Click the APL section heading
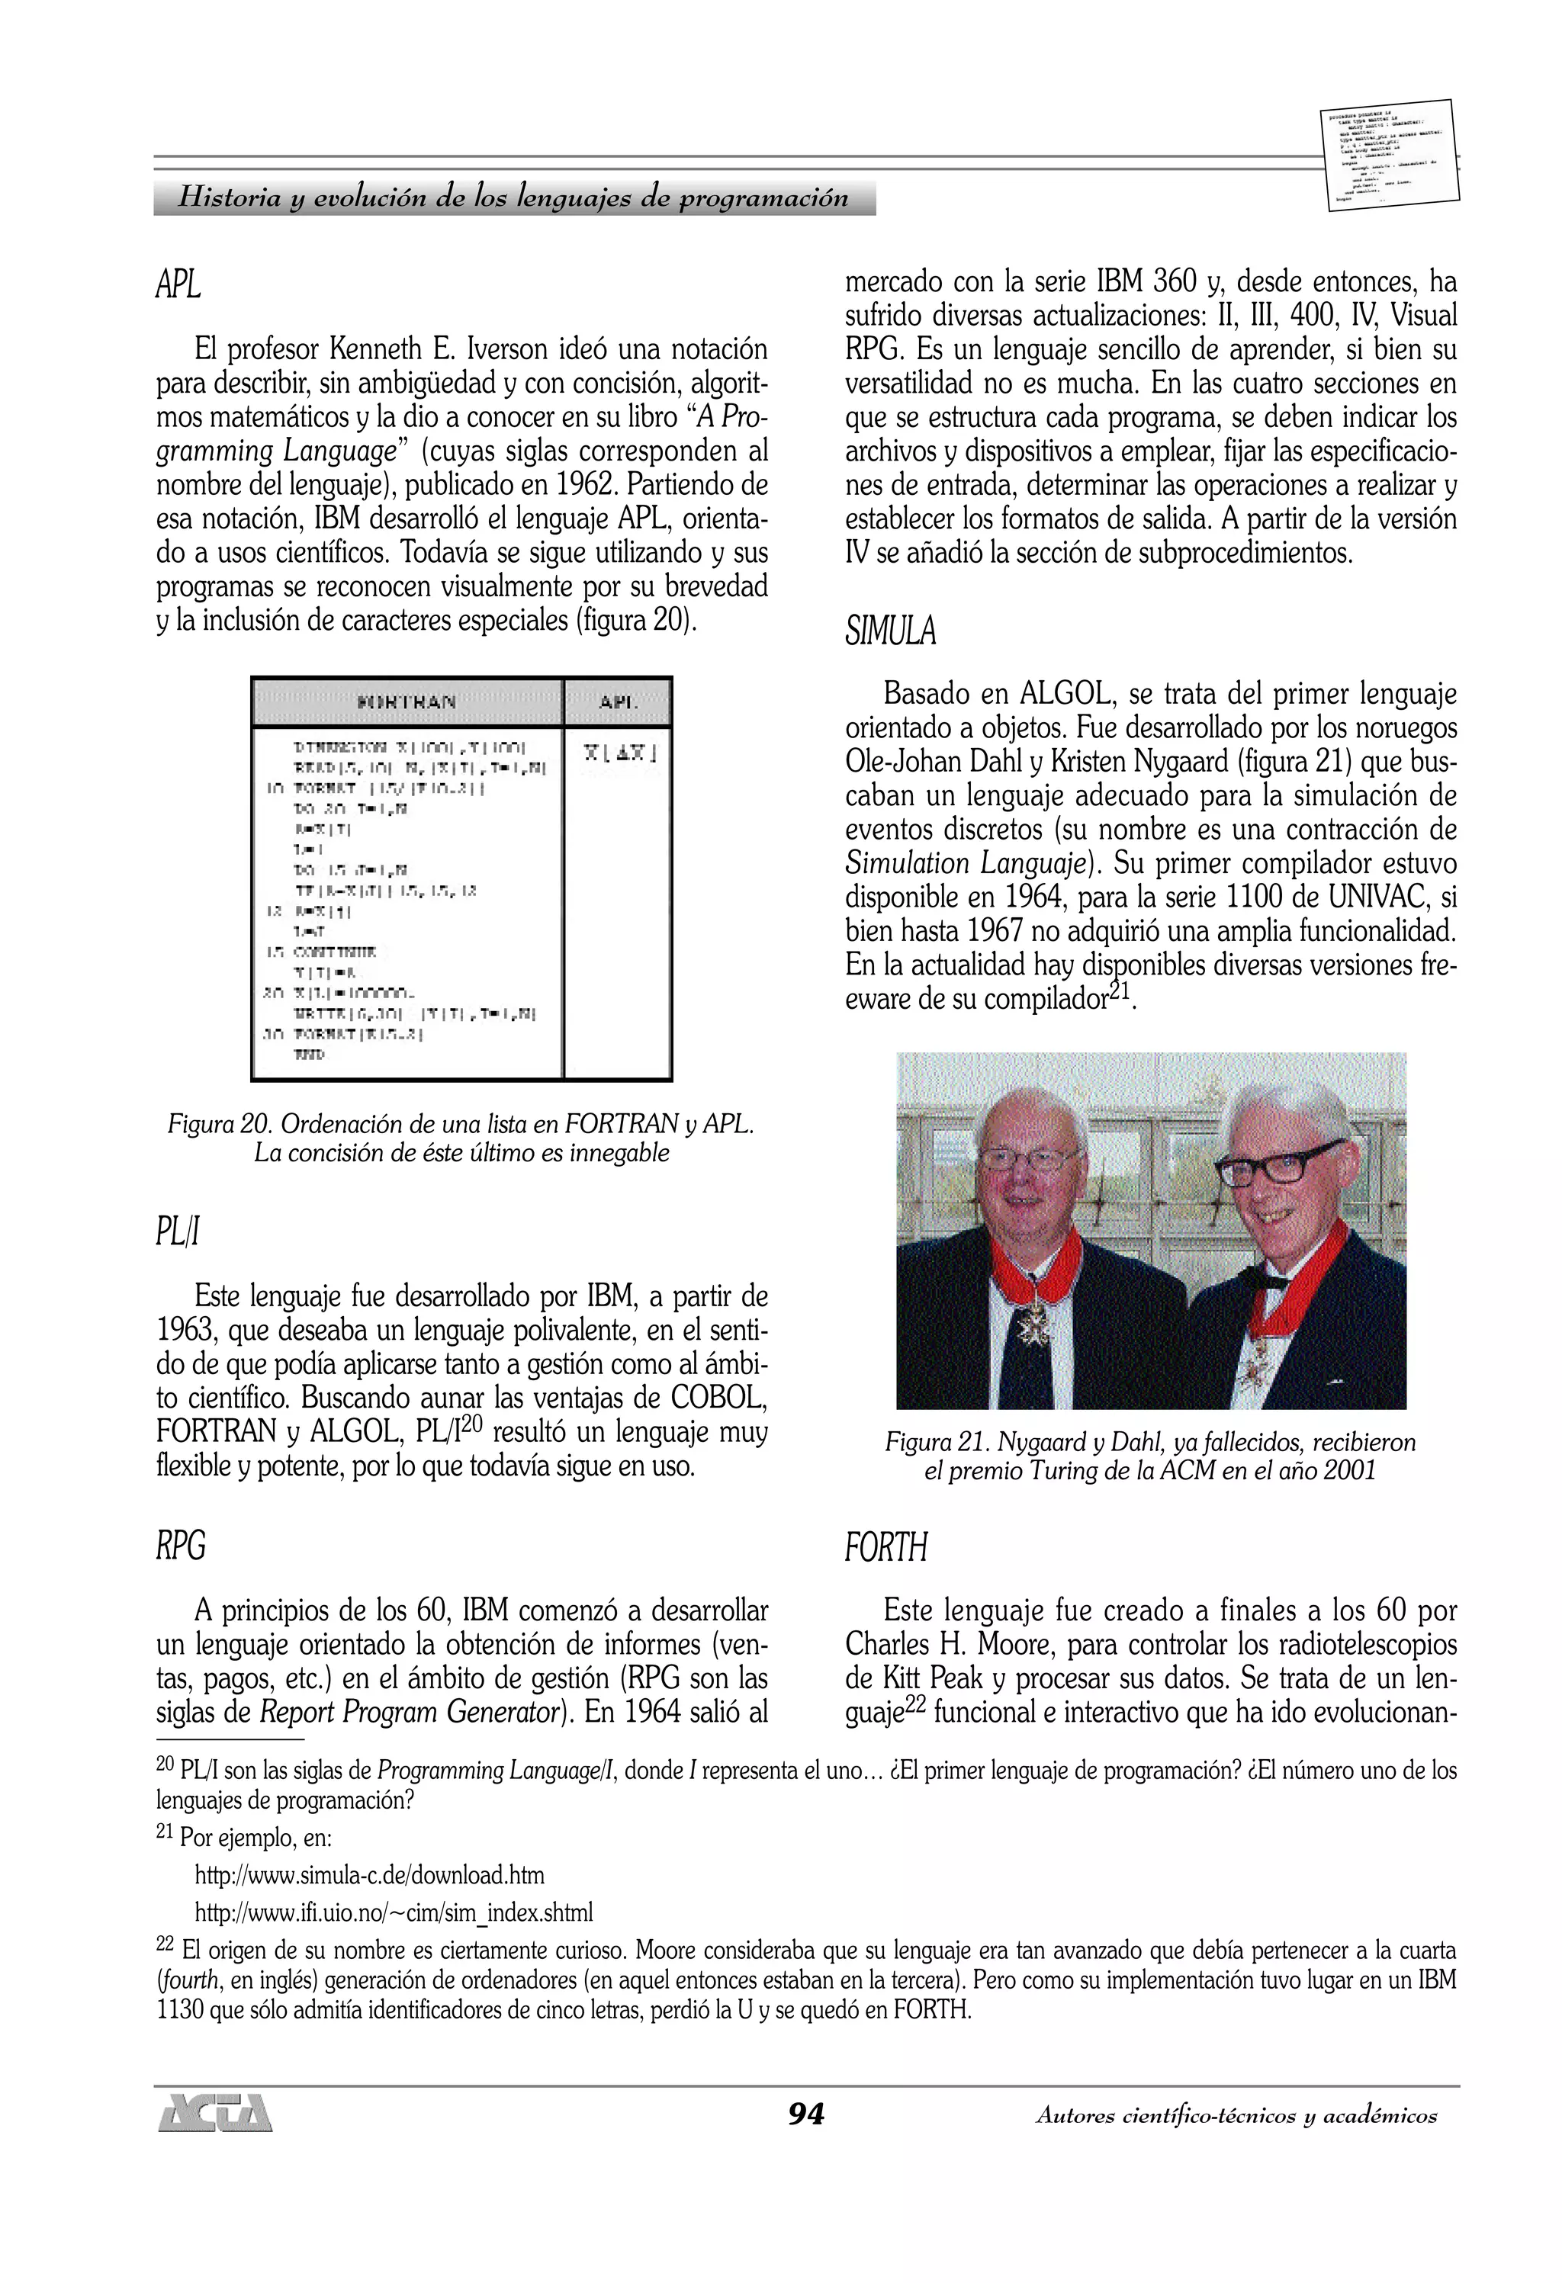pyautogui.click(x=178, y=285)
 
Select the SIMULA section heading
pyautogui.click(x=890, y=631)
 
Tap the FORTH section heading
pyautogui.click(x=885, y=1547)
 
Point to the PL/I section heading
pyautogui.click(x=178, y=1231)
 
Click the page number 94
pyautogui.click(x=805, y=2114)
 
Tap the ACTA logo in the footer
pyautogui.click(x=215, y=2113)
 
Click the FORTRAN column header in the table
pyautogui.click(x=406, y=702)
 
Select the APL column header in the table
pyautogui.click(x=618, y=702)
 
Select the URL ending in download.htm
pyautogui.click(x=369, y=1875)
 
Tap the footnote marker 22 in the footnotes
pyautogui.click(x=165, y=1944)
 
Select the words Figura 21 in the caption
pyautogui.click(x=937, y=1442)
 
